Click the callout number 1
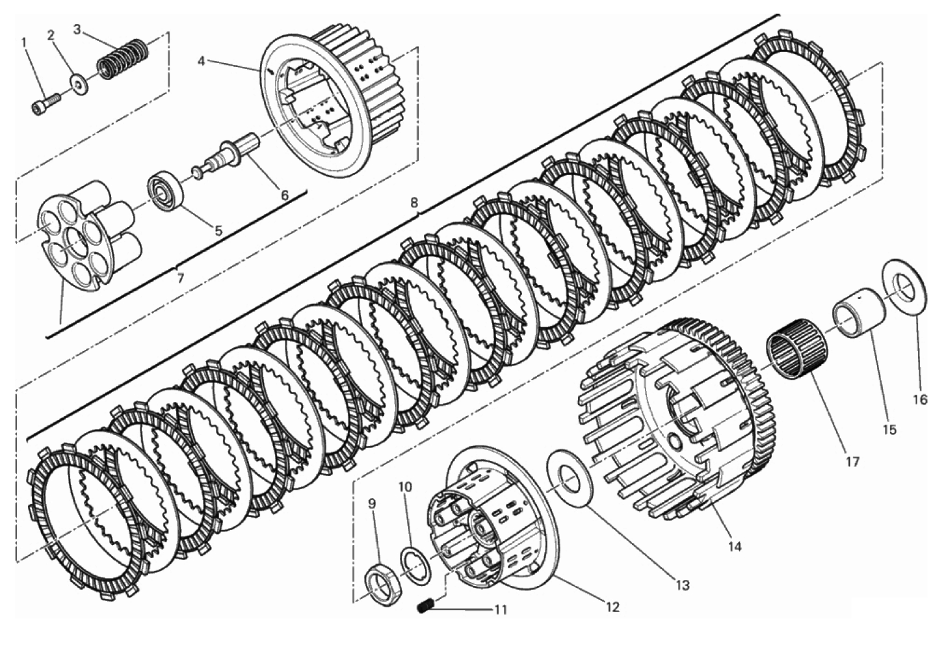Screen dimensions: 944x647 tap(24, 42)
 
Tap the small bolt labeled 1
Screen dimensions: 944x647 tap(46, 104)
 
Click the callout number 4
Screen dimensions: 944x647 tap(201, 62)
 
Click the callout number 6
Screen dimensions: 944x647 tap(285, 195)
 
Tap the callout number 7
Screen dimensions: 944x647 tap(180, 278)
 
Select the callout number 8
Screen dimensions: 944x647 tap(414, 203)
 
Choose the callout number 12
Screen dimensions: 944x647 tap(612, 607)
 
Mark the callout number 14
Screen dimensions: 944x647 tap(734, 547)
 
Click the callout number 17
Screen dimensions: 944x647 tap(852, 462)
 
